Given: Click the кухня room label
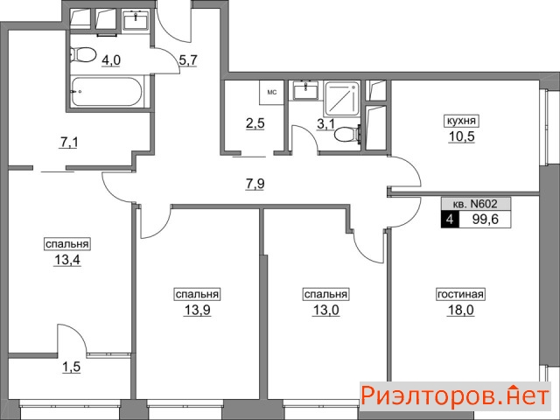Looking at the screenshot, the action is point(461,121).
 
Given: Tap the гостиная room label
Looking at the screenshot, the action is point(461,295).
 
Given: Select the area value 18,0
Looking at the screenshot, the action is point(461,310).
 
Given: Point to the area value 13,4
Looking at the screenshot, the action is point(67,260).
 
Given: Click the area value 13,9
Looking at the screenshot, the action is point(197,310).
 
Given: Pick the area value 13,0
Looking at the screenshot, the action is point(325,310).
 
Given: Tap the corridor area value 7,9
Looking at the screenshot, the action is point(255,185).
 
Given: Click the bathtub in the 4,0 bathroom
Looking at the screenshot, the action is point(107,92).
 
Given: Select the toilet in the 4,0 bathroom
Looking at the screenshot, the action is point(83,55).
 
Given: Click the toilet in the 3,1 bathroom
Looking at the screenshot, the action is point(347,135).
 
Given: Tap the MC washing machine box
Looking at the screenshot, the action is point(272,93).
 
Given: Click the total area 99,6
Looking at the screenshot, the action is point(486,219).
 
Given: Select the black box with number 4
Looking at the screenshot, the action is point(450,219).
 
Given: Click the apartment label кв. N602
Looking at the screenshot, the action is point(475,204).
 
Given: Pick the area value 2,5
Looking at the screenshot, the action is point(255,123).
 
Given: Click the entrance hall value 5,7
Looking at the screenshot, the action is point(188,60).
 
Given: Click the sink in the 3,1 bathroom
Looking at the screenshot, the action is point(305,91).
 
